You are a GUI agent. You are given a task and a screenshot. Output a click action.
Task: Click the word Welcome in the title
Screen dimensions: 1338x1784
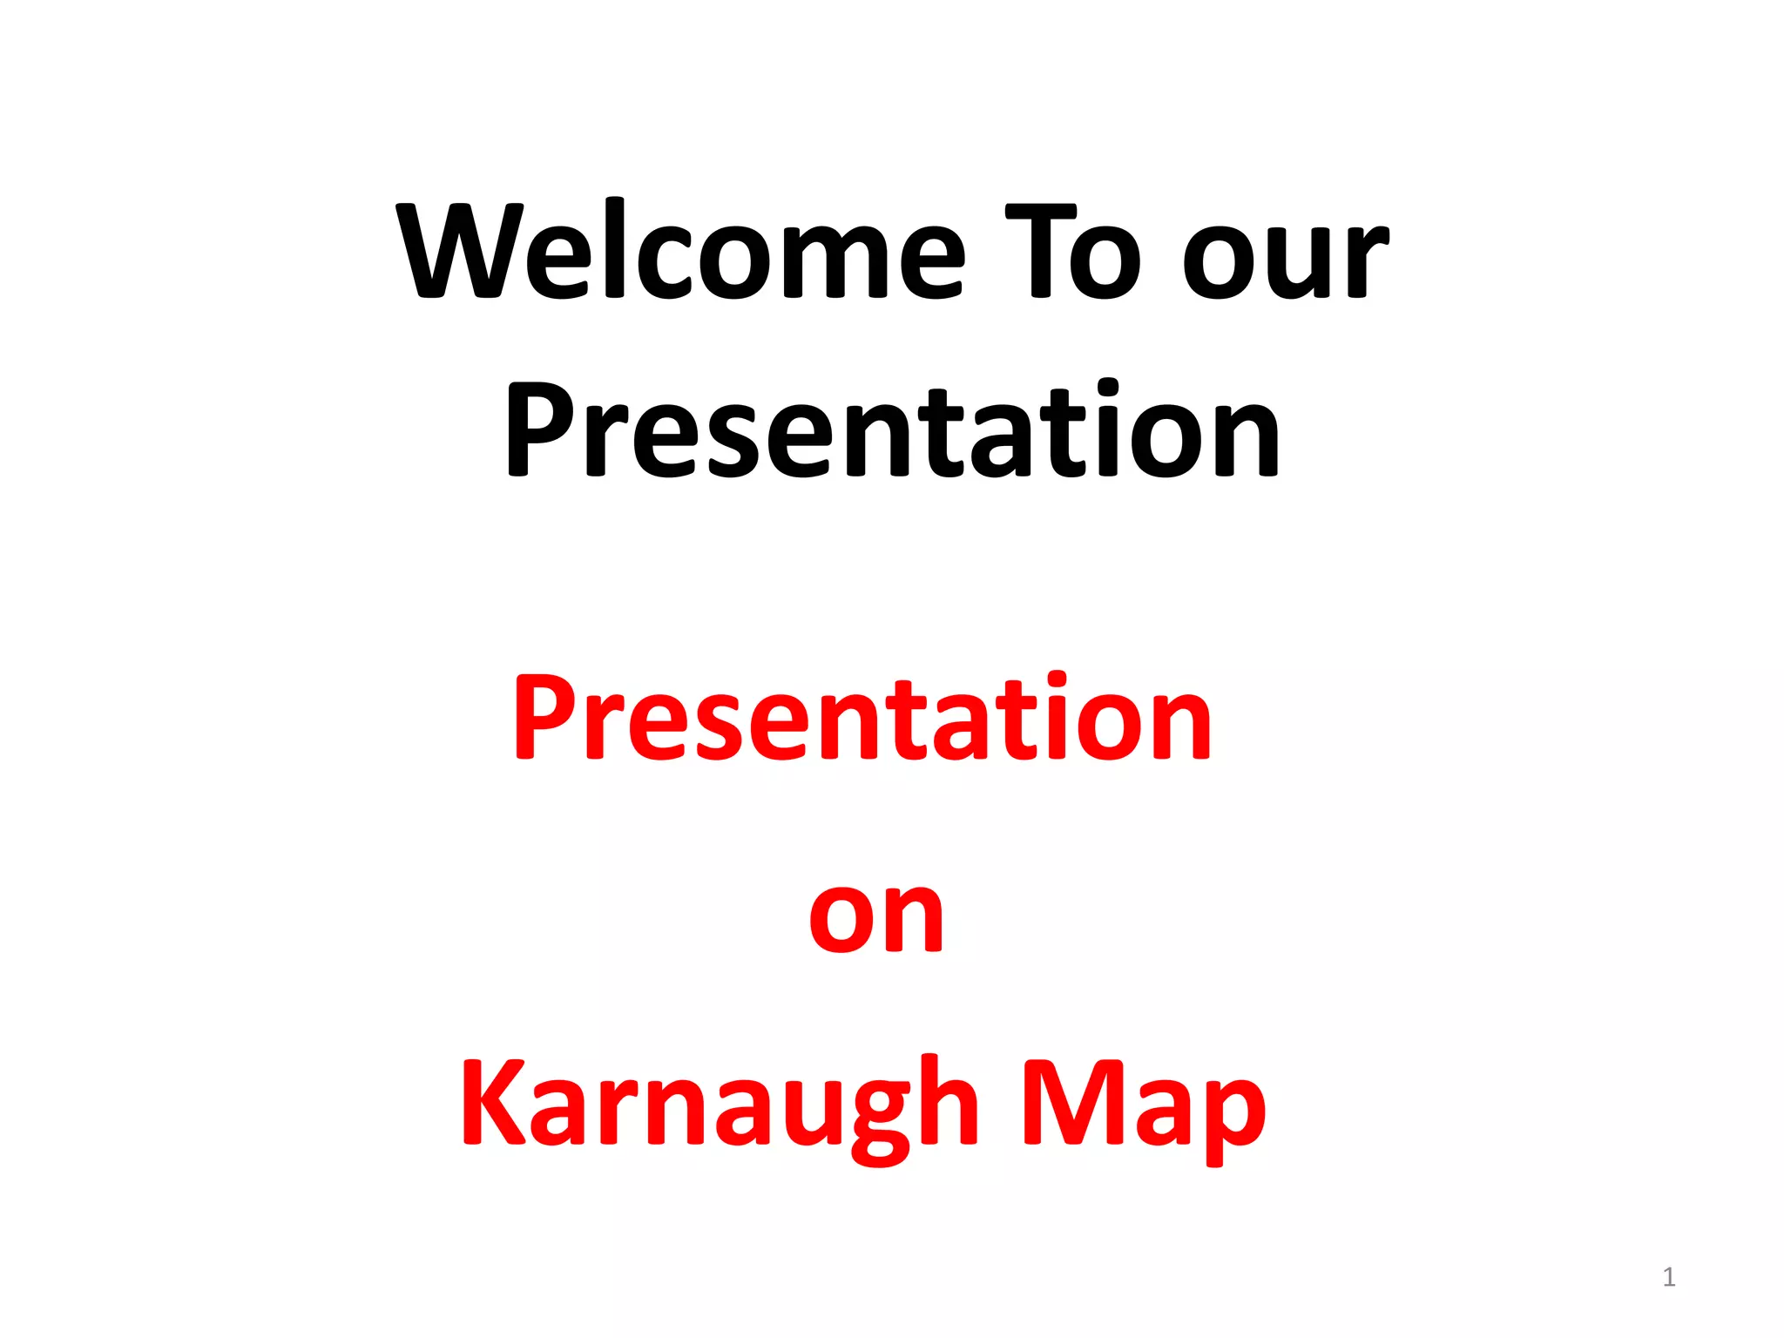pyautogui.click(x=680, y=253)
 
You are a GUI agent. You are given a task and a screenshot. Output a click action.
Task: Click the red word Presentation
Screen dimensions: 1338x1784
pyautogui.click(x=862, y=718)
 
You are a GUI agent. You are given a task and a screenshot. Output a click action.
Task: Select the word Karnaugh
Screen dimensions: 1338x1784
pyautogui.click(x=720, y=1106)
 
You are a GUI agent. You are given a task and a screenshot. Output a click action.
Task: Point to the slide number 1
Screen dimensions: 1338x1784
pyautogui.click(x=1668, y=1277)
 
